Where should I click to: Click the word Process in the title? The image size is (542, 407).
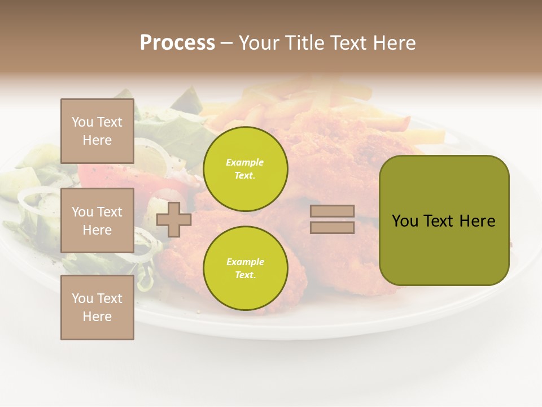click(x=177, y=43)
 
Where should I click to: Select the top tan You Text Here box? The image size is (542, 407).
click(x=97, y=131)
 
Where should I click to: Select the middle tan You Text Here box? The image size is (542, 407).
click(x=97, y=220)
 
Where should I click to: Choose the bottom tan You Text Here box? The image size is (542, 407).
click(x=97, y=308)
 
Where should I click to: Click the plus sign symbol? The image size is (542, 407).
click(x=174, y=220)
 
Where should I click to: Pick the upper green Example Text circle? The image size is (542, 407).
click(x=245, y=169)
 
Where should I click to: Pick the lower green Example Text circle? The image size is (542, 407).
click(x=245, y=269)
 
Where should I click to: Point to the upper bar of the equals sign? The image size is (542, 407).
click(x=332, y=211)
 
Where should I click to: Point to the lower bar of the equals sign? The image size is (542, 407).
click(x=332, y=227)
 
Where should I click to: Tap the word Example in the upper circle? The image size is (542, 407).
click(x=245, y=163)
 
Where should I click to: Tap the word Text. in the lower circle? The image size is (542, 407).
click(x=245, y=275)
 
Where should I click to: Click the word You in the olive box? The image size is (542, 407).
click(x=405, y=221)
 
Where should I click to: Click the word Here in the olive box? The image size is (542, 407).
click(x=477, y=221)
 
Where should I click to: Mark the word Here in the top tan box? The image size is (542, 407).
click(x=97, y=140)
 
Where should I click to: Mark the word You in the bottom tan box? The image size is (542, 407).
click(x=82, y=298)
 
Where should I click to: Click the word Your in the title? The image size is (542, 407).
click(x=259, y=43)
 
